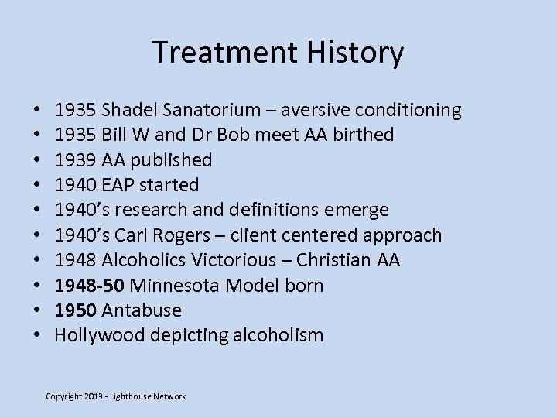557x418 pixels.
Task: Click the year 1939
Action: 75,160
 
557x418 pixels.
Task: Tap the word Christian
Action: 331,260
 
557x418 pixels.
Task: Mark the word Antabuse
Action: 141,310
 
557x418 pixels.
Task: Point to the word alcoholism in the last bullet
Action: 281,335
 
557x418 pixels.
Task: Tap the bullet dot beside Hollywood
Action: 37,336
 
